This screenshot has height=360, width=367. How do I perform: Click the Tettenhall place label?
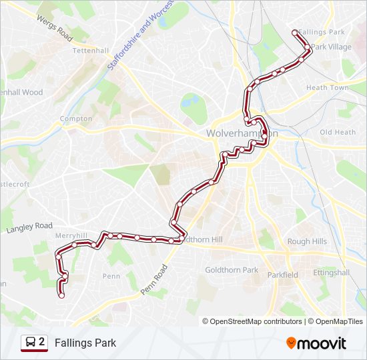click(x=90, y=51)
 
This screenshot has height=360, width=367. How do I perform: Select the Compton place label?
click(x=76, y=119)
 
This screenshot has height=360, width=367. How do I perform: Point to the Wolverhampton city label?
click(x=241, y=133)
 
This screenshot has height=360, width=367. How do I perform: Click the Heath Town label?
click(x=327, y=88)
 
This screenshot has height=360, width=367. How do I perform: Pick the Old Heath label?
click(x=338, y=132)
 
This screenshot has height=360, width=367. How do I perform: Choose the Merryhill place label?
click(x=71, y=236)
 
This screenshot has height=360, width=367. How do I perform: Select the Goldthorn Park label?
click(x=232, y=270)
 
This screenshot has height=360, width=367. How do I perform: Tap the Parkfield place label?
click(x=283, y=275)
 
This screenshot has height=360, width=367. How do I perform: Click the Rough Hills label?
click(x=307, y=241)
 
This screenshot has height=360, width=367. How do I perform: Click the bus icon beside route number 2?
click(x=30, y=343)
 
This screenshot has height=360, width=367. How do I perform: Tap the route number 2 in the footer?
click(x=42, y=343)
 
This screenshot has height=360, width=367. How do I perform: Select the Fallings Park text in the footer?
click(x=85, y=343)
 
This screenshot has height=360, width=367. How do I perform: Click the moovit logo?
click(x=316, y=343)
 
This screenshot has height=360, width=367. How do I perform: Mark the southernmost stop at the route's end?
click(x=61, y=295)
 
